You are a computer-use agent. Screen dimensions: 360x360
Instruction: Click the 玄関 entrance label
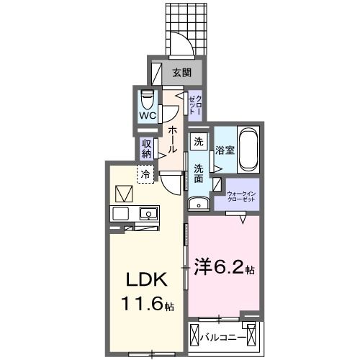pos(181,72)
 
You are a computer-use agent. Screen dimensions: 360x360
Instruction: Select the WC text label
pos(148,116)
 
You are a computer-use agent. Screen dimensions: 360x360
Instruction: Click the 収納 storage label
pos(146,148)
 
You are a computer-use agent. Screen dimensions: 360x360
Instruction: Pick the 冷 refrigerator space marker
pos(145,174)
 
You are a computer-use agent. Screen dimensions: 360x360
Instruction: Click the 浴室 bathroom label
pos(224,150)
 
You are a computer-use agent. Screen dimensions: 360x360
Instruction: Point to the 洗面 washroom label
pos(198,176)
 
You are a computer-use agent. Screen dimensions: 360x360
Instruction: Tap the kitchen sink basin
pos(149,213)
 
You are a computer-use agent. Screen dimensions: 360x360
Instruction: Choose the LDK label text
pos(148,279)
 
